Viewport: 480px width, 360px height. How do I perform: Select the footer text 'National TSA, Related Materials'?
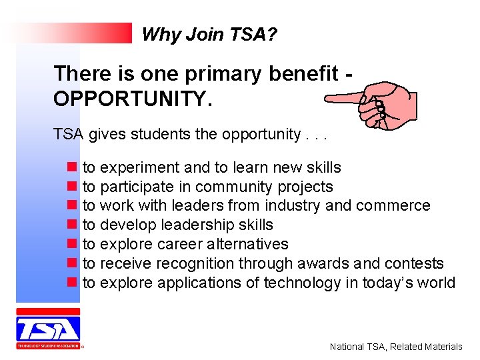click(x=396, y=347)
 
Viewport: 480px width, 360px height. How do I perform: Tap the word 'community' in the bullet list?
click(x=235, y=187)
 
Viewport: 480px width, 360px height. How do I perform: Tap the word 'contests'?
click(x=417, y=264)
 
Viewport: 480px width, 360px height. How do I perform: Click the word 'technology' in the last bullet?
click(x=302, y=283)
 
